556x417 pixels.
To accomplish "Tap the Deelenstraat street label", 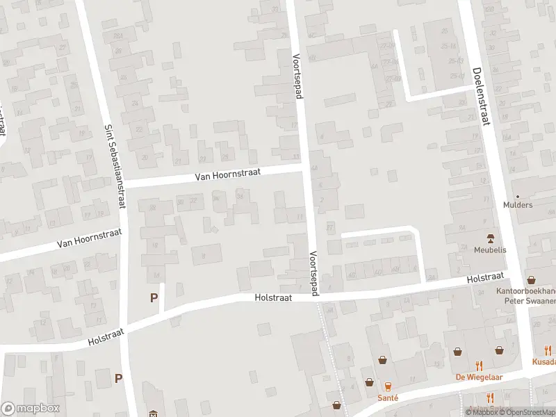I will (480, 96).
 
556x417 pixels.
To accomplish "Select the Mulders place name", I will (518, 205).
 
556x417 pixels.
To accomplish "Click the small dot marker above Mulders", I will (517, 196).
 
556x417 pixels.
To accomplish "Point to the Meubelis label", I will (489, 250).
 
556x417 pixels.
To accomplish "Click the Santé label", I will (388, 398).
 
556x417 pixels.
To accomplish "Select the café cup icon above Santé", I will (388, 386).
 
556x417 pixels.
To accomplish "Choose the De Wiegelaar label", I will (479, 377).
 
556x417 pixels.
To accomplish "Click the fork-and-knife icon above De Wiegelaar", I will (479, 365).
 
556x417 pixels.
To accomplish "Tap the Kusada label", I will (544, 361).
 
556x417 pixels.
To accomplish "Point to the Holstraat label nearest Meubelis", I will (484, 278).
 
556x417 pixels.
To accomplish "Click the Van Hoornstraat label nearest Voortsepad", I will (227, 174).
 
